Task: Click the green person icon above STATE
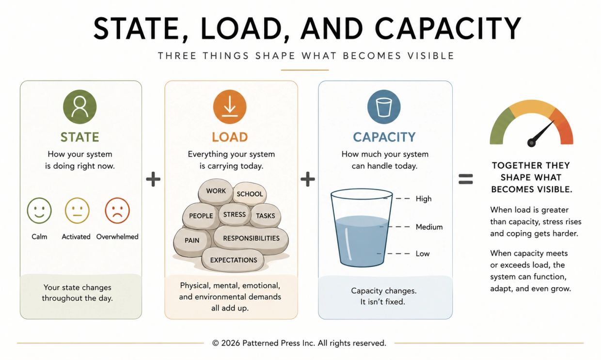[x=79, y=107]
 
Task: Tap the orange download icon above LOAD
[x=230, y=107]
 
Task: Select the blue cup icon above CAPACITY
[x=384, y=107]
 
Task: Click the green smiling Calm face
[x=39, y=210]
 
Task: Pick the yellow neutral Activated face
[x=77, y=210]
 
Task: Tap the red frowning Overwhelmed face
[x=117, y=210]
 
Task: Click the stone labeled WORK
[x=216, y=191]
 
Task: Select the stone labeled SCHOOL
[x=250, y=194]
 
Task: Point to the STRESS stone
[x=234, y=214]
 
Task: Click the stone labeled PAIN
[x=192, y=240]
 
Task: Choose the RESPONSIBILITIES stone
[x=251, y=238]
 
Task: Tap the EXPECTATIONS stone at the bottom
[x=233, y=260]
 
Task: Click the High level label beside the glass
[x=424, y=199]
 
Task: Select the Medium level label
[x=429, y=227]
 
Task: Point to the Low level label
[x=423, y=253]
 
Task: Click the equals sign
[x=465, y=179]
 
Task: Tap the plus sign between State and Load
[x=153, y=179]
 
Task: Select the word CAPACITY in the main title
[x=448, y=28]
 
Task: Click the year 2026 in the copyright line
[x=231, y=343]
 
